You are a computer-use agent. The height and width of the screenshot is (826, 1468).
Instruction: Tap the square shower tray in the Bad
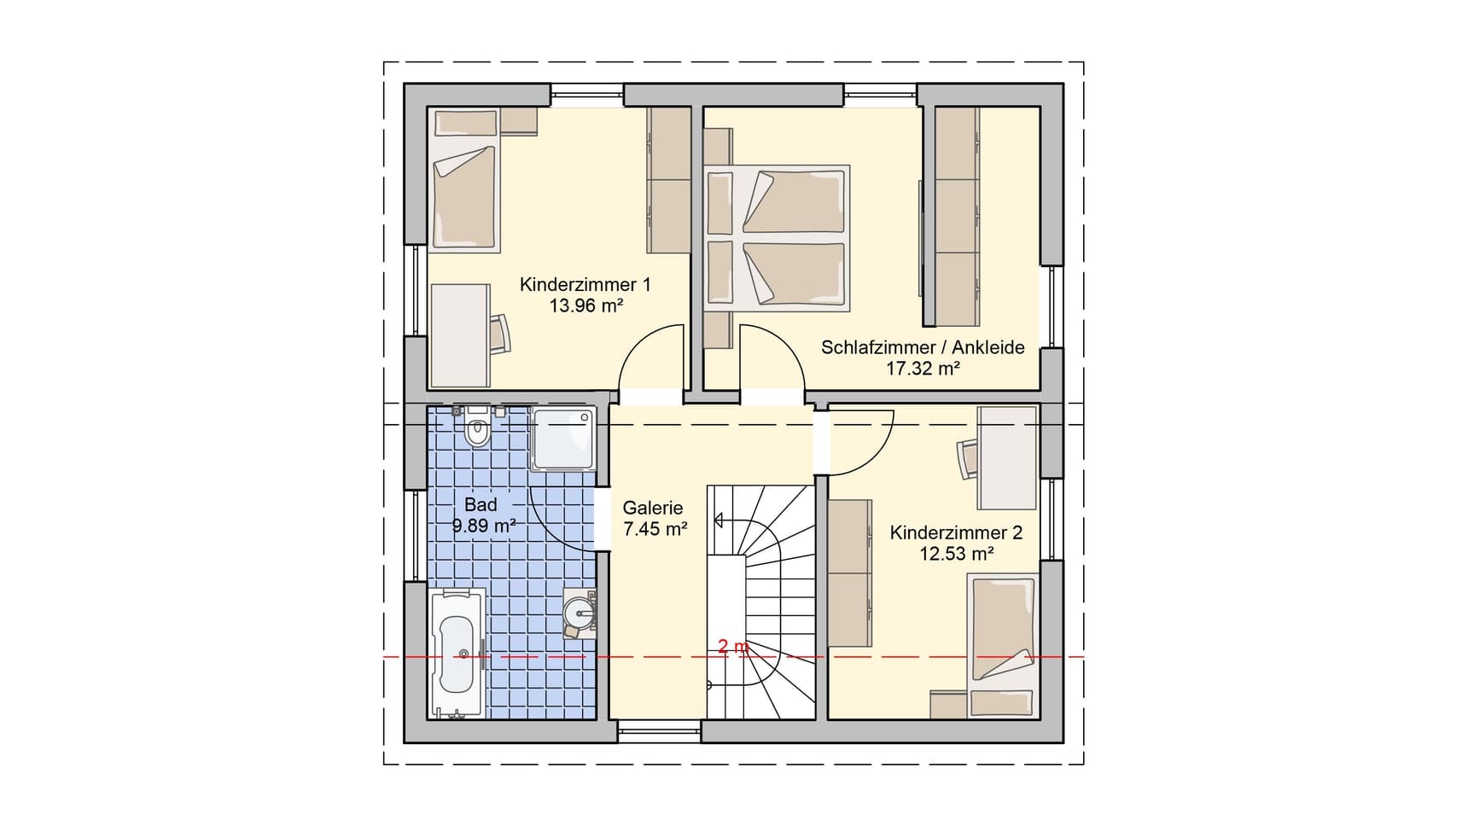(562, 439)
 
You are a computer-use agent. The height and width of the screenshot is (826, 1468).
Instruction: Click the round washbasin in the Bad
(581, 612)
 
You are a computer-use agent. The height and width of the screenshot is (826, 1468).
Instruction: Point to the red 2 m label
(733, 647)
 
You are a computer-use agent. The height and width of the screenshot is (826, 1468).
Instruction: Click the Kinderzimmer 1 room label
(585, 284)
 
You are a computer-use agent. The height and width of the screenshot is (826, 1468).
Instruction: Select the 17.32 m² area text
(923, 369)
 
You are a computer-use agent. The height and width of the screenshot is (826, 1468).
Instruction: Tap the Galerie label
(653, 508)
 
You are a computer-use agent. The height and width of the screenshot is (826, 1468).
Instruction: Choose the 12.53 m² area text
(956, 554)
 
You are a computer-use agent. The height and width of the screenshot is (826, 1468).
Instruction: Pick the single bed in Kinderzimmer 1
(465, 198)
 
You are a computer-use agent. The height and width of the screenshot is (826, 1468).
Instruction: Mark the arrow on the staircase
(719, 519)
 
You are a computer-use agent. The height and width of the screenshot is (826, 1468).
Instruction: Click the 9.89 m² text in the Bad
(483, 526)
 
